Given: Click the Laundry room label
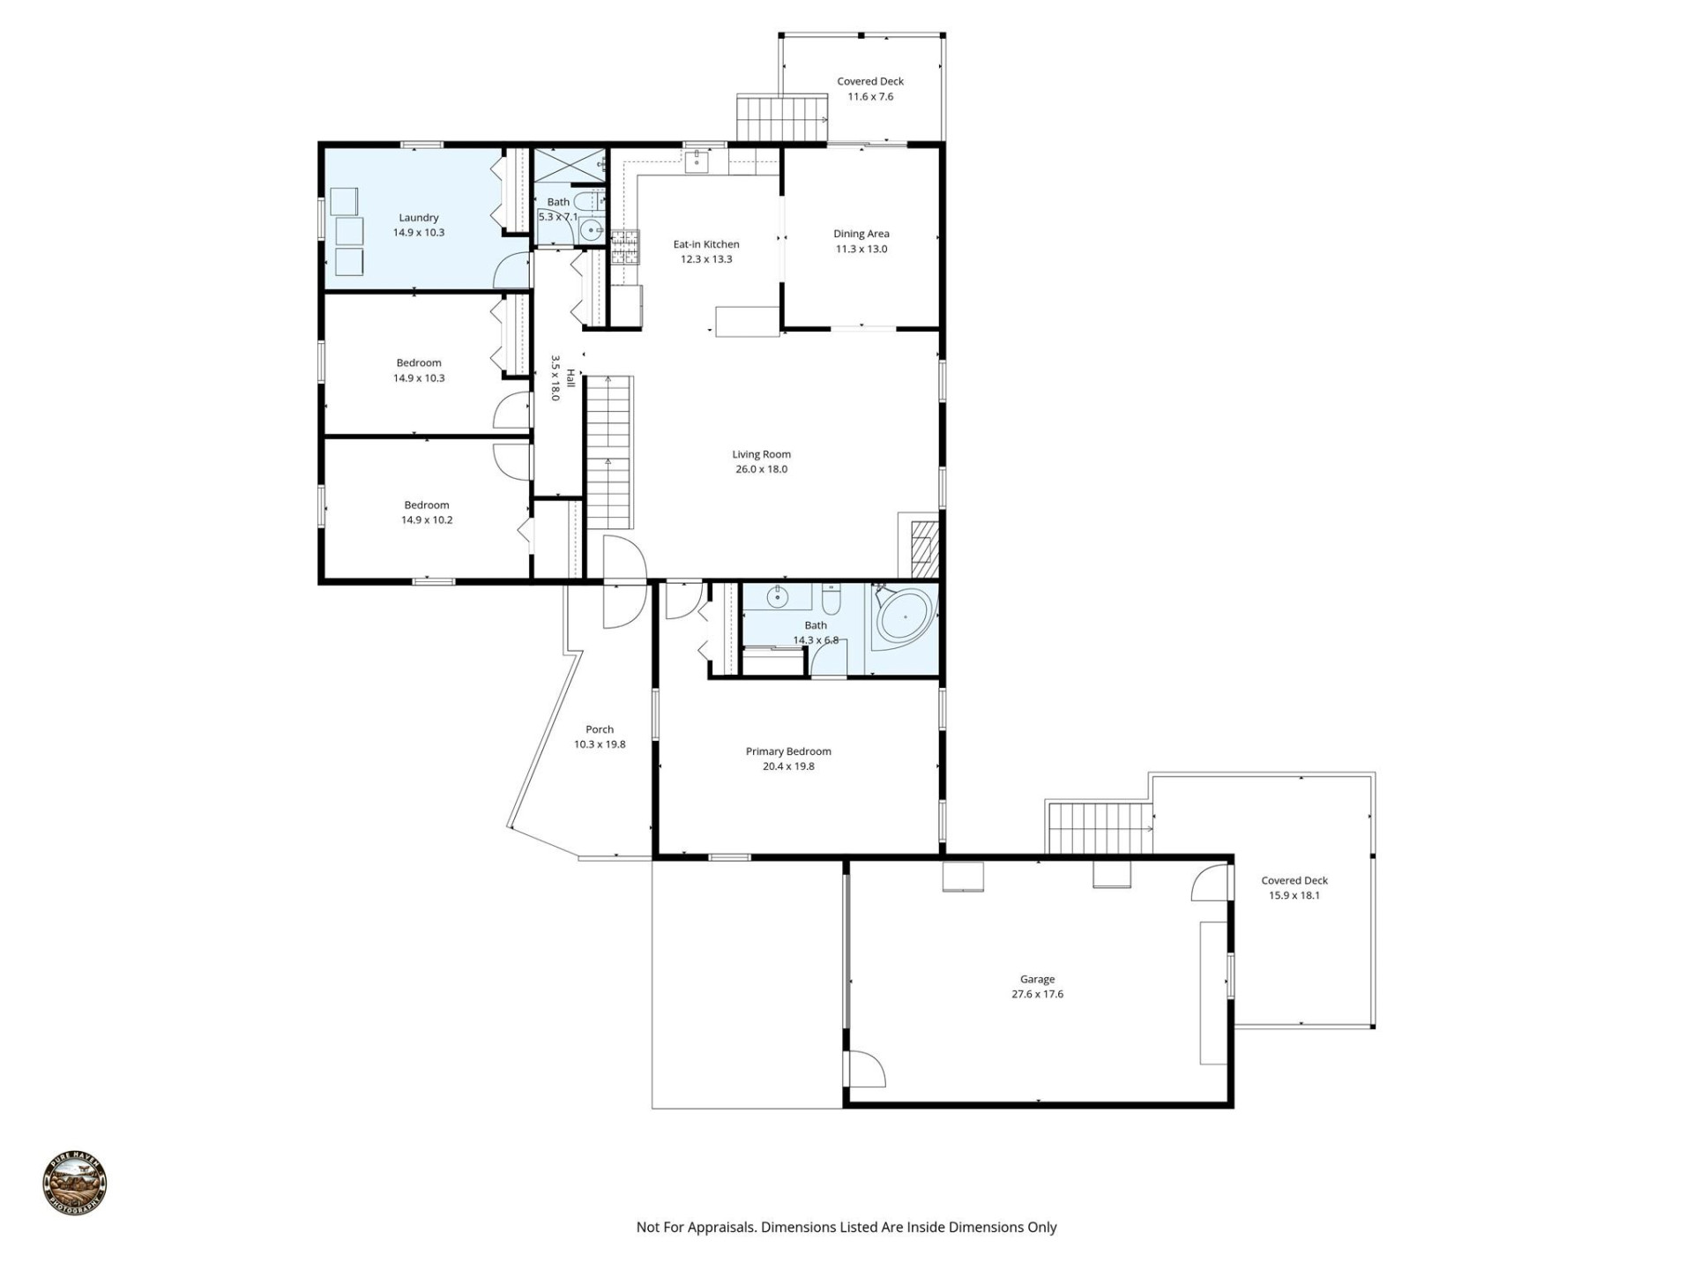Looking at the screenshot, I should click(x=418, y=218).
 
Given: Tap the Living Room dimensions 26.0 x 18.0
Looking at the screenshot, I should click(x=761, y=469).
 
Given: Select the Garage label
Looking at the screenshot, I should click(x=1037, y=979).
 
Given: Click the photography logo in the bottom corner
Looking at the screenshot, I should click(x=75, y=1184).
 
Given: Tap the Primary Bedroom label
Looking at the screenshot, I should click(x=788, y=751).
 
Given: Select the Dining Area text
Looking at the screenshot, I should click(x=861, y=234).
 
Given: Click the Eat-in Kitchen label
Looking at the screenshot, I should click(x=705, y=244).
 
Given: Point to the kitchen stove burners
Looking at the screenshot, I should click(x=624, y=246).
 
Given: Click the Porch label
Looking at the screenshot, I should click(x=600, y=729).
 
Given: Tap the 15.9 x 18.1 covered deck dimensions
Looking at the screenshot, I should click(x=1294, y=895).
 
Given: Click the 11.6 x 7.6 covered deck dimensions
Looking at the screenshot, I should click(x=870, y=96).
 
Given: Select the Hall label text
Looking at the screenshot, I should click(x=571, y=379).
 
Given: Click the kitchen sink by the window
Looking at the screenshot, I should click(x=697, y=161).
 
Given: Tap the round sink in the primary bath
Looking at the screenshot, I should click(x=777, y=597).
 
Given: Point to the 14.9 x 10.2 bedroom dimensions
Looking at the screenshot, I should click(x=426, y=520).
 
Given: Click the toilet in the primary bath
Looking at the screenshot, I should click(x=831, y=601).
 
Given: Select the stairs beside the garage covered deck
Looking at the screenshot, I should click(x=1099, y=828).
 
